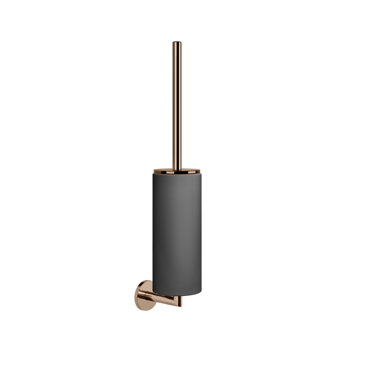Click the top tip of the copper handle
click(176, 40)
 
